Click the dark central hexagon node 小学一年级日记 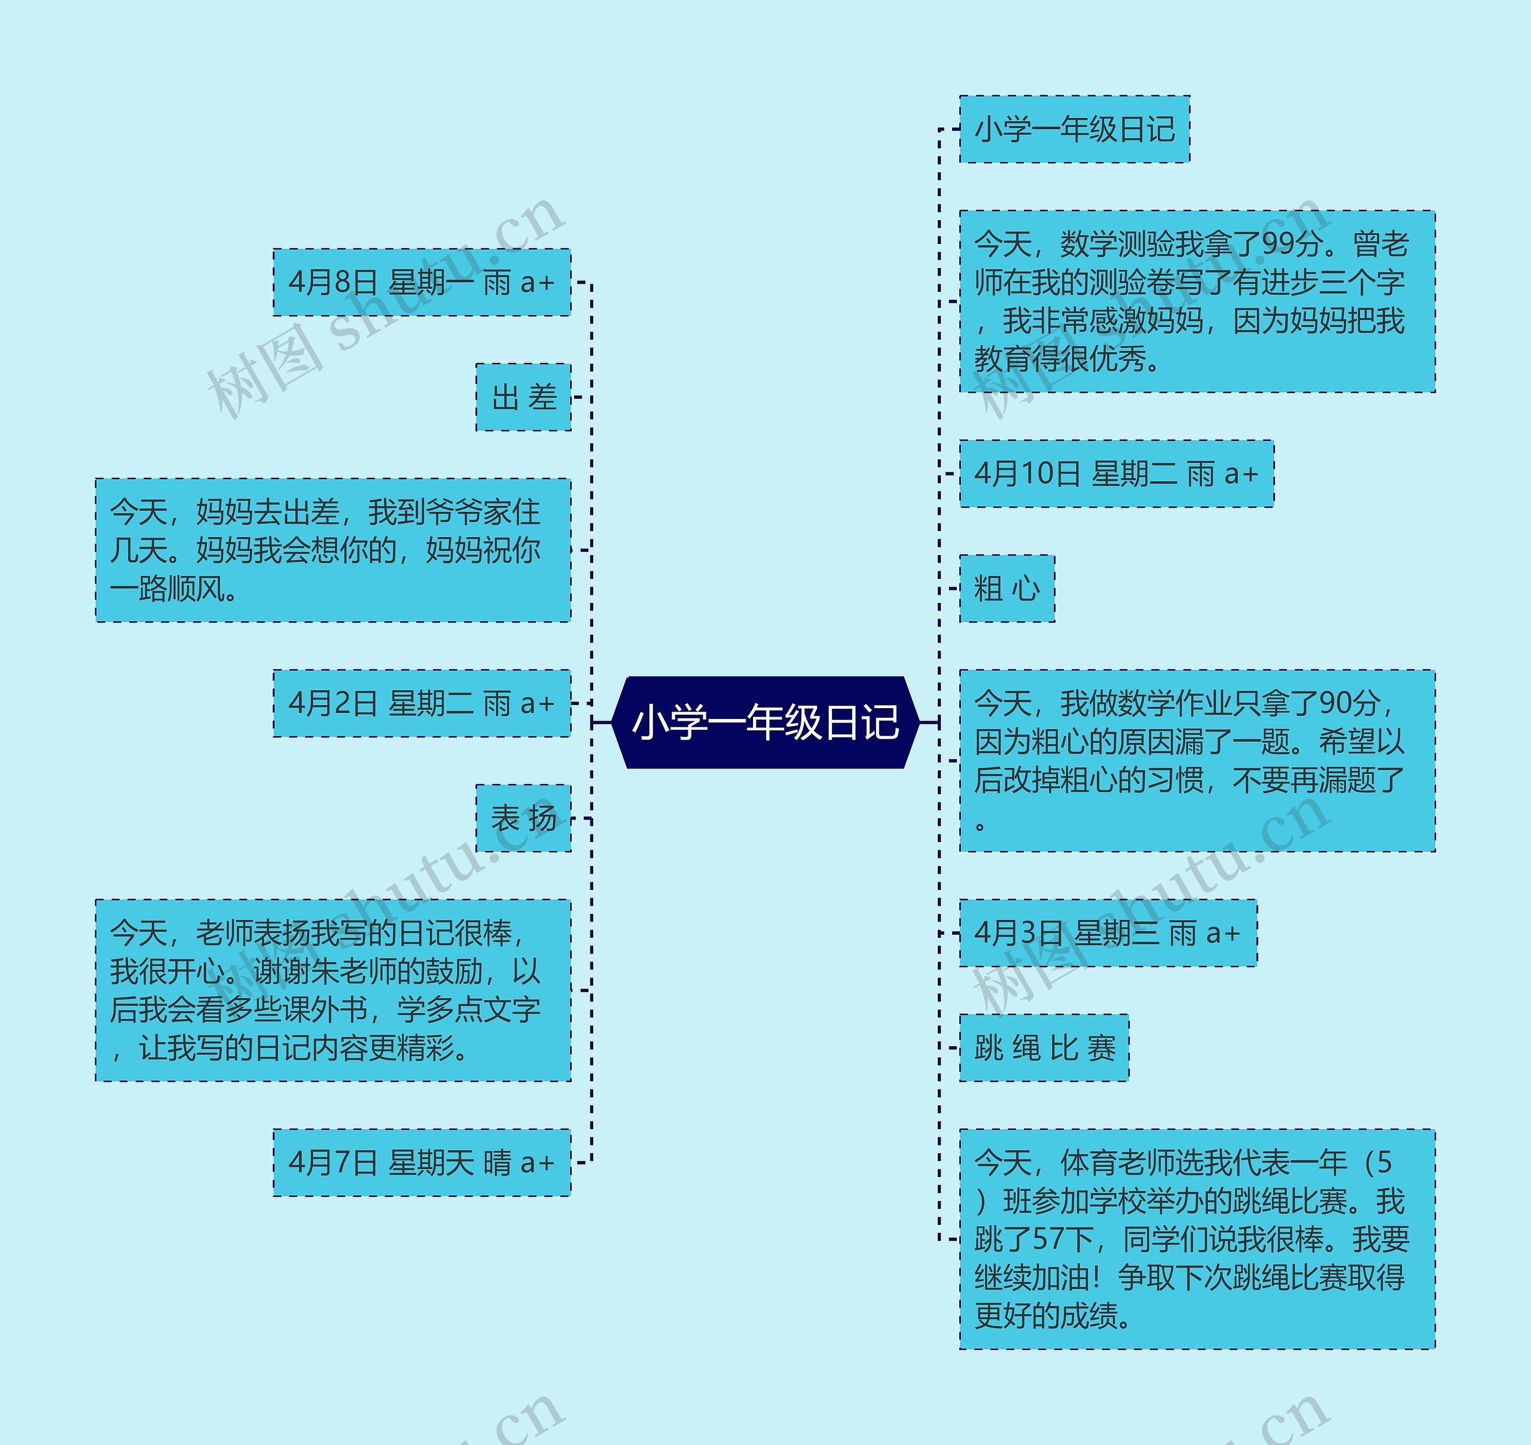point(765,722)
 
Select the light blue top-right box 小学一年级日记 point(1074,129)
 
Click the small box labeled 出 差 point(524,398)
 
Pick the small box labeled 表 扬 point(524,818)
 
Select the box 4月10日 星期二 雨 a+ point(1116,474)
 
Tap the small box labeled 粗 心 point(1007,589)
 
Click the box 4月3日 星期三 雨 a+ point(1108,933)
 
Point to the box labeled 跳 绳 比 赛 point(1044,1047)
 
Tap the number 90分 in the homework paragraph point(1349,703)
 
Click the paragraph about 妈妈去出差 point(333,550)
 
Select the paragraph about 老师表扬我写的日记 point(333,990)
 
